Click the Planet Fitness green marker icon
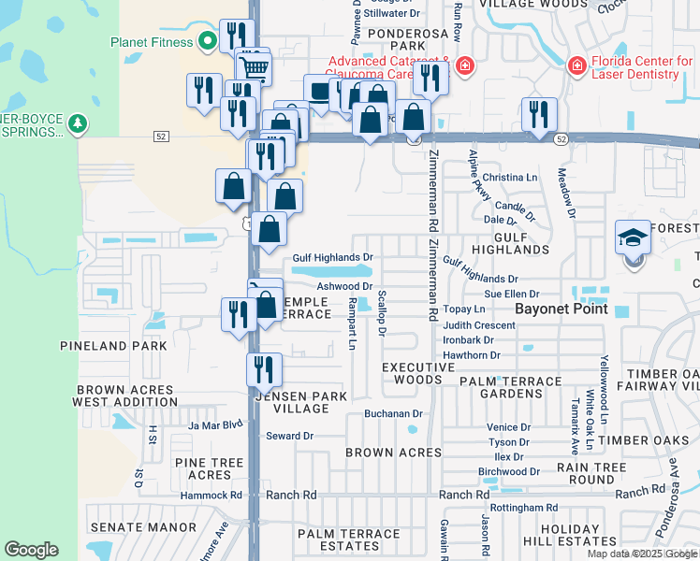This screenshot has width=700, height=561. (x=207, y=41)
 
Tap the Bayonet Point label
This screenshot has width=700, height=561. (x=560, y=309)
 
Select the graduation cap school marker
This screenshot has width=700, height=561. (x=632, y=239)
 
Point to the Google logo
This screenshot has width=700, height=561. (x=31, y=550)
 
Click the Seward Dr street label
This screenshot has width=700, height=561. (x=289, y=436)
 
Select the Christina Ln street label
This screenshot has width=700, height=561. (x=510, y=177)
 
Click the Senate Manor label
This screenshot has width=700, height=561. (x=140, y=528)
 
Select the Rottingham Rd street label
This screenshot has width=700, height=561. (x=528, y=508)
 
